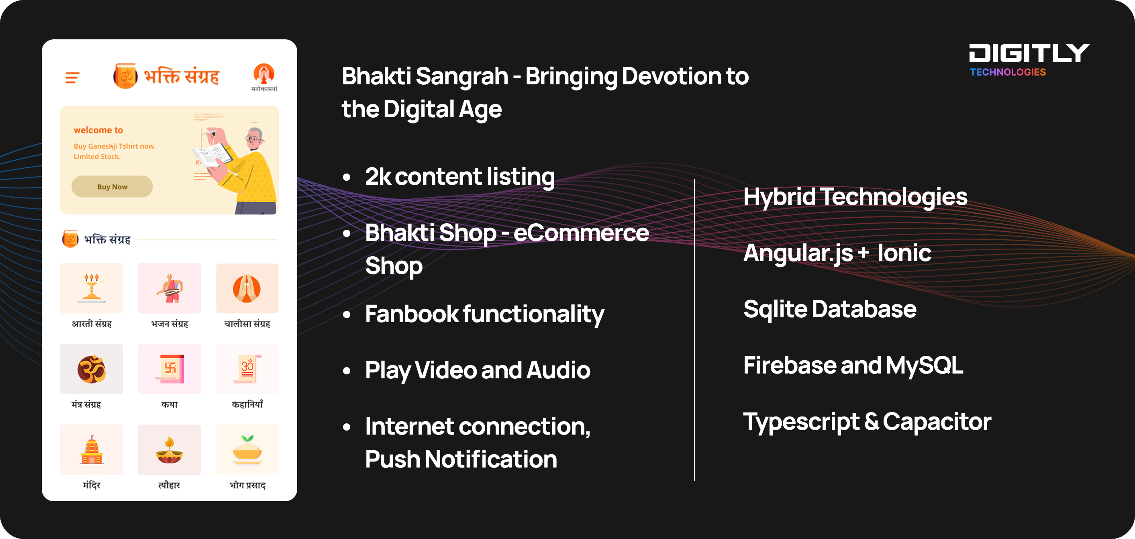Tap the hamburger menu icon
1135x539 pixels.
click(72, 78)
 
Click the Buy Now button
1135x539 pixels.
click(112, 186)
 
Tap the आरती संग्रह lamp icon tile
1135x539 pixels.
click(92, 288)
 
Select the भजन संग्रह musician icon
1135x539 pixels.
click(169, 288)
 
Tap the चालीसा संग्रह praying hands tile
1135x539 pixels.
click(247, 288)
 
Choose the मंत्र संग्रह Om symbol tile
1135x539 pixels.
click(92, 369)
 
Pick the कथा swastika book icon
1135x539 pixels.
click(169, 369)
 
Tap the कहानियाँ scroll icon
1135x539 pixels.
click(247, 369)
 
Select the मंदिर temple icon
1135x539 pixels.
click(92, 449)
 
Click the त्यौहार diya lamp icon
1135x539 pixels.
click(169, 449)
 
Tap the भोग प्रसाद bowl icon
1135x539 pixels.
click(247, 449)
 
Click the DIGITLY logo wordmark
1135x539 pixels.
click(1029, 53)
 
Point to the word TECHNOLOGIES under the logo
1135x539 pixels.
click(1008, 72)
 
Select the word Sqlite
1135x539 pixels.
click(776, 309)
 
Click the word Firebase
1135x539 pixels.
click(790, 365)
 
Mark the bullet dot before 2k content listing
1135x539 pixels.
click(347, 177)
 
